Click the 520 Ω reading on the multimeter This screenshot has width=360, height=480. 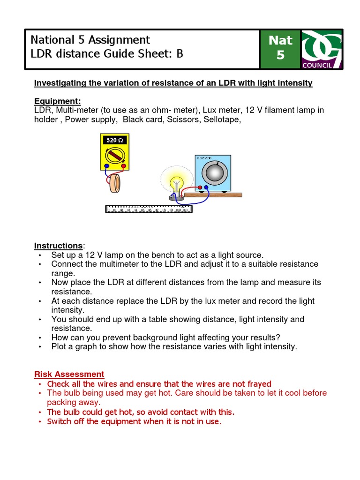click(x=114, y=140)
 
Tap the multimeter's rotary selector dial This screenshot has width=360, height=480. click(x=114, y=155)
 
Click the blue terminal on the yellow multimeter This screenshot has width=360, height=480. click(x=107, y=166)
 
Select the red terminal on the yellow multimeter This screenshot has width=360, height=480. click(x=123, y=166)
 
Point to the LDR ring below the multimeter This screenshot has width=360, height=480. click(x=114, y=184)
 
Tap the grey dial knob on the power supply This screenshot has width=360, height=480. click(x=213, y=173)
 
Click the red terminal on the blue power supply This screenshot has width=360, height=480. click(x=201, y=188)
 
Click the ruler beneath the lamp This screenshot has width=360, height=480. click(x=149, y=209)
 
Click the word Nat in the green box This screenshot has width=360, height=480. click(x=280, y=40)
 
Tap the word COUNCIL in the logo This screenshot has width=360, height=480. click(x=317, y=65)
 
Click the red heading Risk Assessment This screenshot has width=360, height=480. click(x=69, y=374)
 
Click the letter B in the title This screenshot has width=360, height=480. click(x=180, y=54)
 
